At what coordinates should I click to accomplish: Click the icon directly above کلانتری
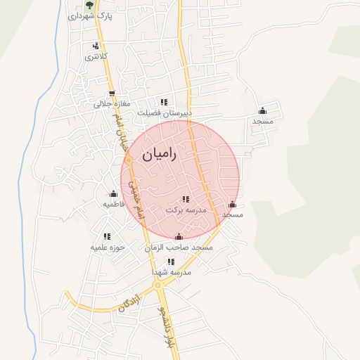click(x=95, y=46)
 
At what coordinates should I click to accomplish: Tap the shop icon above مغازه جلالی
click(x=111, y=94)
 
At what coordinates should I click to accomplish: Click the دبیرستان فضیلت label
click(x=164, y=112)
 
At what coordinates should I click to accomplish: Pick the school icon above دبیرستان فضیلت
click(x=165, y=102)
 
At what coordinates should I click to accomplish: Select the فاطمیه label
click(x=114, y=204)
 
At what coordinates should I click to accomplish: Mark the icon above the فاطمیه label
click(x=113, y=194)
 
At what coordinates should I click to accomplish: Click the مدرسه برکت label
click(x=186, y=210)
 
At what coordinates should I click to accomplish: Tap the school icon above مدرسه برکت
click(x=186, y=200)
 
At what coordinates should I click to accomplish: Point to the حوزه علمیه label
click(x=107, y=247)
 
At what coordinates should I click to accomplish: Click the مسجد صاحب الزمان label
click(x=179, y=247)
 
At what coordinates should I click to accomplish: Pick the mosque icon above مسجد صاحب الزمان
click(x=179, y=237)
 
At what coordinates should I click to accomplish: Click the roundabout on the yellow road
click(x=157, y=286)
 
